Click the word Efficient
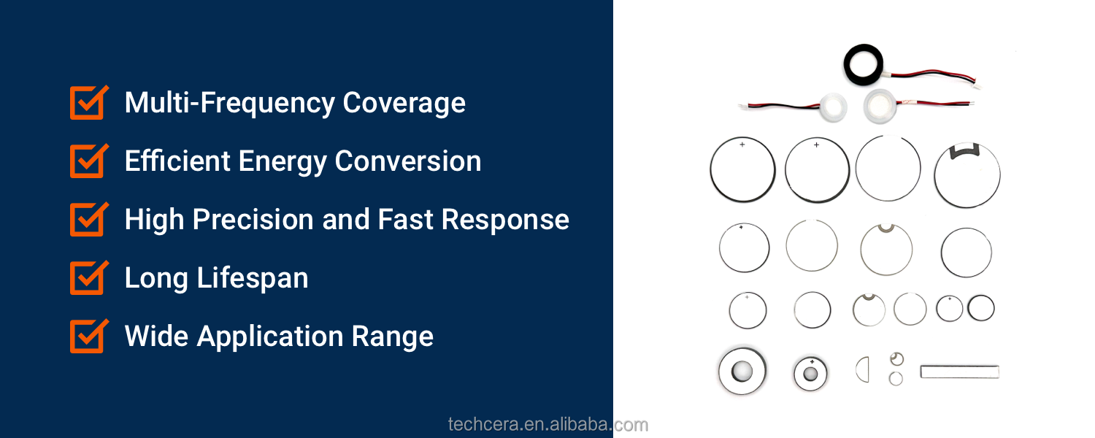(177, 161)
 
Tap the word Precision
(253, 220)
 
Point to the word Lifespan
(253, 279)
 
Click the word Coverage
(404, 104)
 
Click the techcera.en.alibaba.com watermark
(548, 424)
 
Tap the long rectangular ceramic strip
(960, 372)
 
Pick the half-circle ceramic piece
(863, 369)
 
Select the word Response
(505, 220)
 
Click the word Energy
(283, 162)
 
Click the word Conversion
(408, 161)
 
